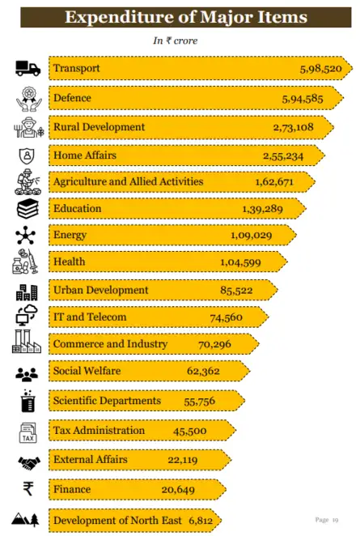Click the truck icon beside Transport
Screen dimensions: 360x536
click(28, 68)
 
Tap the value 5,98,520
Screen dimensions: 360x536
click(320, 69)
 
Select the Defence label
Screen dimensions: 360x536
click(72, 98)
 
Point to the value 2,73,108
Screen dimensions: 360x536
click(293, 127)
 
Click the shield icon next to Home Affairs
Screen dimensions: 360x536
click(27, 156)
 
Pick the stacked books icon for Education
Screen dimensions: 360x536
click(28, 209)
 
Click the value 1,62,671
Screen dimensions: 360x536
click(274, 181)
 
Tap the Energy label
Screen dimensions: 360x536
click(70, 235)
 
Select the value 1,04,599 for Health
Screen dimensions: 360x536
click(240, 262)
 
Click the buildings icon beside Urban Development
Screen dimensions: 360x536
click(27, 292)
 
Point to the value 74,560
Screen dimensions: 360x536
click(226, 317)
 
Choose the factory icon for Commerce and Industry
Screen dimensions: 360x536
click(27, 341)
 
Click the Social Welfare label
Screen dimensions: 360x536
click(87, 371)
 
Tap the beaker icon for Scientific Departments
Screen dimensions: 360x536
click(28, 401)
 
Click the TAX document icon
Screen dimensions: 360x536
click(28, 432)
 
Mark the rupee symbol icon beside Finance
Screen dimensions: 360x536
click(28, 488)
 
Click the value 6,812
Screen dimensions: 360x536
click(201, 521)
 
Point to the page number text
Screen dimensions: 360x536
click(327, 520)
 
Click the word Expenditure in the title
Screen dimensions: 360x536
click(121, 17)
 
